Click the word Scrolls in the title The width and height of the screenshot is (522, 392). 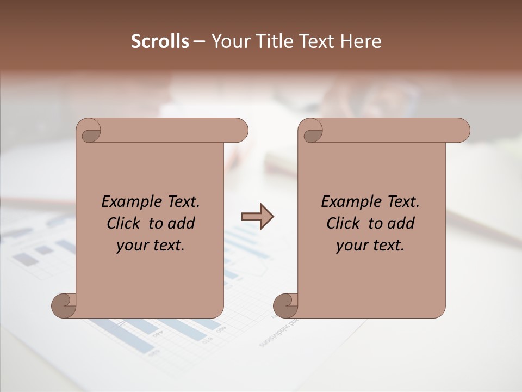point(160,41)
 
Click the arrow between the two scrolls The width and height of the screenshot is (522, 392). point(257,217)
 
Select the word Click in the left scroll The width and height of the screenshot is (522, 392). point(124,223)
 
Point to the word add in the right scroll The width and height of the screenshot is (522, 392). point(400,223)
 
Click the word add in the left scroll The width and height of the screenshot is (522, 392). point(180,223)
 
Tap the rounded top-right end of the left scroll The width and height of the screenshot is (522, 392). point(239,130)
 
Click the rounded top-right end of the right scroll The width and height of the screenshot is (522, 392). point(461,130)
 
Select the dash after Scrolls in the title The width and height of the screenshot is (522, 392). point(199,42)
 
